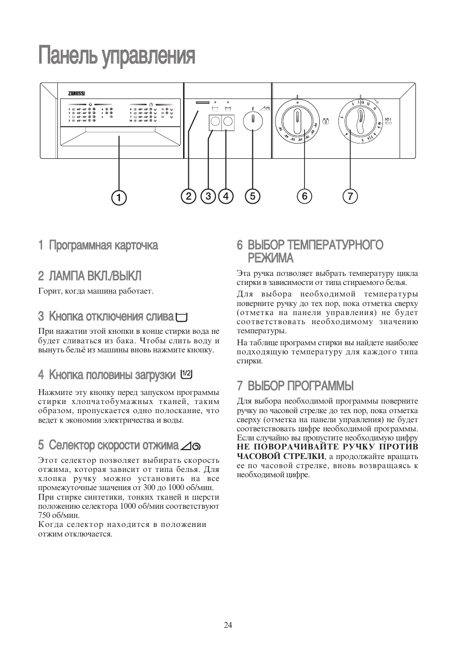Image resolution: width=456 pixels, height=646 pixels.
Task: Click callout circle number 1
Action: coord(119,197)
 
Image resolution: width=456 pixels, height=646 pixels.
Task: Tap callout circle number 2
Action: coord(189,196)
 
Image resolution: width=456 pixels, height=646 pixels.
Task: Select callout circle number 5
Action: coord(252,196)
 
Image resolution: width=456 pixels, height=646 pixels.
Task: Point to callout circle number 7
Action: coord(350,196)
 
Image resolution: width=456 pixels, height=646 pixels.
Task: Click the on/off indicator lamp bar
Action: coord(202,102)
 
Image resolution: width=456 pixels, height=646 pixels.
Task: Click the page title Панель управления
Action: coord(117,56)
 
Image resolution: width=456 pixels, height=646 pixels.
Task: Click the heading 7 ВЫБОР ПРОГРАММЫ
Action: coord(295,385)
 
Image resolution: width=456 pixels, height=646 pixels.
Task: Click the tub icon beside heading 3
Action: coord(182,317)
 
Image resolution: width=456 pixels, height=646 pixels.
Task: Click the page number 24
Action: coord(228,625)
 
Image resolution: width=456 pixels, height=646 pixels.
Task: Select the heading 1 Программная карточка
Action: coord(98,245)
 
